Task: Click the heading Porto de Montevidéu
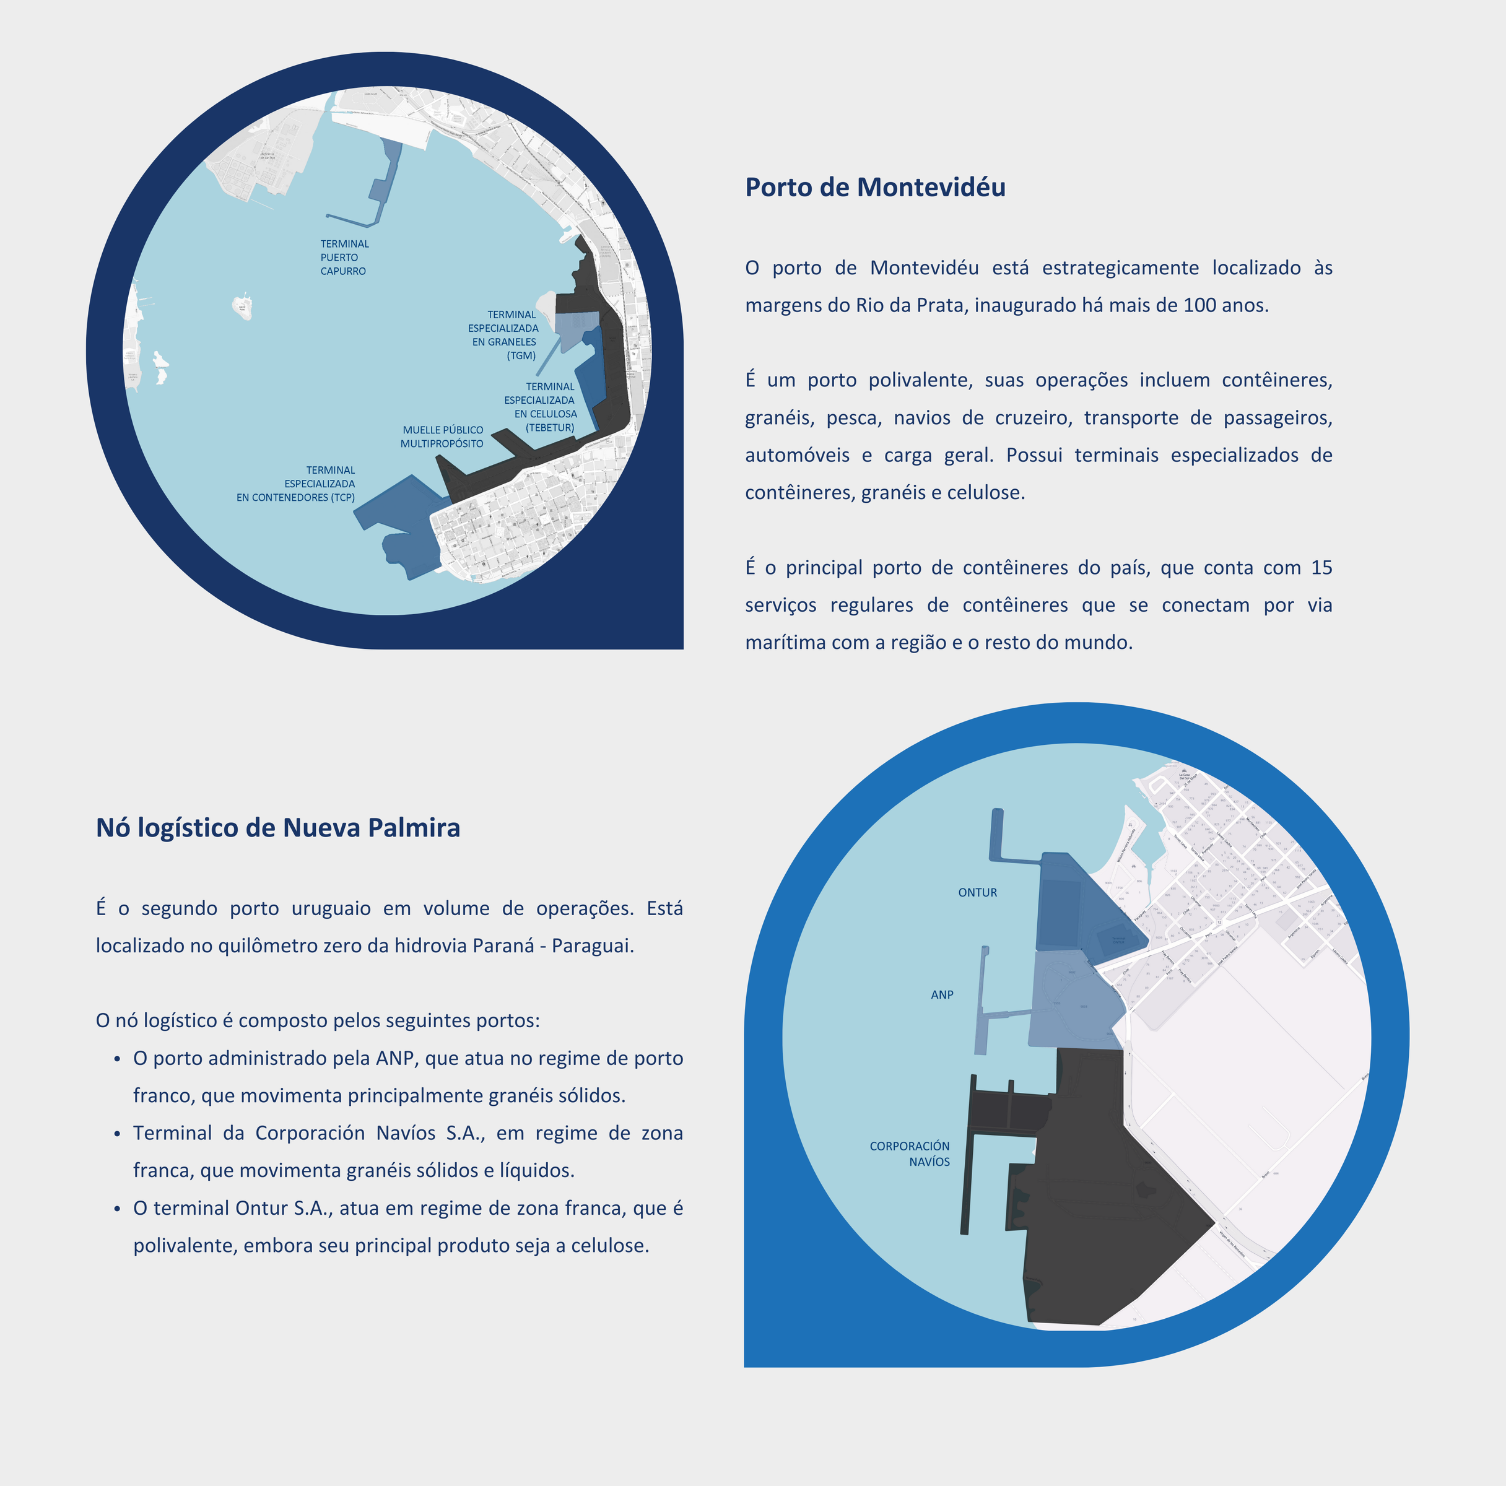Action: click(874, 188)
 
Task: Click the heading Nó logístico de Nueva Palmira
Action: click(277, 828)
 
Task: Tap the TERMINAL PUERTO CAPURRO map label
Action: click(344, 257)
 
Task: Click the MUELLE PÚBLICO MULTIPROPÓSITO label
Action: click(442, 437)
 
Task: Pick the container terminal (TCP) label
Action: click(296, 484)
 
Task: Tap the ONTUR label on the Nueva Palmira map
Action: click(977, 893)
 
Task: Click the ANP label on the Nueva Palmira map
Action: click(942, 995)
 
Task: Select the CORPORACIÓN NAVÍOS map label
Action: click(910, 1154)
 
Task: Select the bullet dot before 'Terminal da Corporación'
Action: click(117, 1134)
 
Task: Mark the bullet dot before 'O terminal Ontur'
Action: click(117, 1209)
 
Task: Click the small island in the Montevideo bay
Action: click(242, 306)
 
